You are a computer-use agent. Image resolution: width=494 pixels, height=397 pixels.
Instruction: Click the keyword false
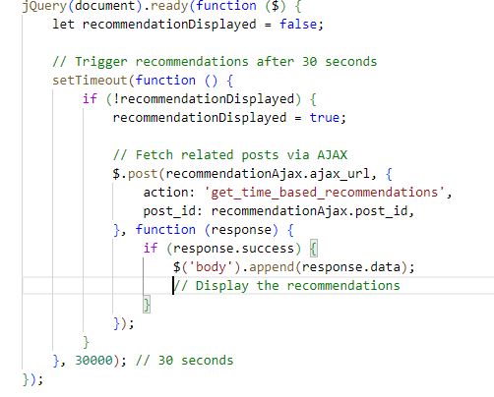click(298, 25)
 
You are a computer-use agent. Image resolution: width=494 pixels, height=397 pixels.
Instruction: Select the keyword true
click(325, 118)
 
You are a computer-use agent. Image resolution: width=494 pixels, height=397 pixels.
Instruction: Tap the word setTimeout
click(90, 81)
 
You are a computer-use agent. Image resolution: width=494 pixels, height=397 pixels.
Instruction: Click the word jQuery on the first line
click(44, 7)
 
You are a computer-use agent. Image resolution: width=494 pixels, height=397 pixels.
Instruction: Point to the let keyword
click(64, 25)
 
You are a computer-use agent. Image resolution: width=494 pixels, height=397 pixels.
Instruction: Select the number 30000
click(93, 361)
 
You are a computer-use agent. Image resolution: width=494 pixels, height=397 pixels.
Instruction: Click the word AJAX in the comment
click(332, 155)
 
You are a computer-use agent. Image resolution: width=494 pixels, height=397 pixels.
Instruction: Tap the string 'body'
click(211, 267)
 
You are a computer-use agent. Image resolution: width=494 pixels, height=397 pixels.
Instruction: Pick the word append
click(272, 267)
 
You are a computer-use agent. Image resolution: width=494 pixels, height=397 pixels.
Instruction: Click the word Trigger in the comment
click(101, 62)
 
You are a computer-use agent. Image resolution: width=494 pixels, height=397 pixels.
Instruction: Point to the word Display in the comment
click(222, 286)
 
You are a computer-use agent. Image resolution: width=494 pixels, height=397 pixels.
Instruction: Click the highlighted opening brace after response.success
click(314, 249)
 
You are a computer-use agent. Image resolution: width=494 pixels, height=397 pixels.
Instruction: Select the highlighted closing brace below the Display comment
click(147, 305)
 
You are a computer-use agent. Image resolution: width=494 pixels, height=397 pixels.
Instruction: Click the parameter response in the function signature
click(241, 230)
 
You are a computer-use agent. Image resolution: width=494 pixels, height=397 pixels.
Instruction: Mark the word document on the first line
click(105, 6)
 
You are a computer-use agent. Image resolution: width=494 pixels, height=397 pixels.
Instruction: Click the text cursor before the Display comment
click(173, 286)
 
